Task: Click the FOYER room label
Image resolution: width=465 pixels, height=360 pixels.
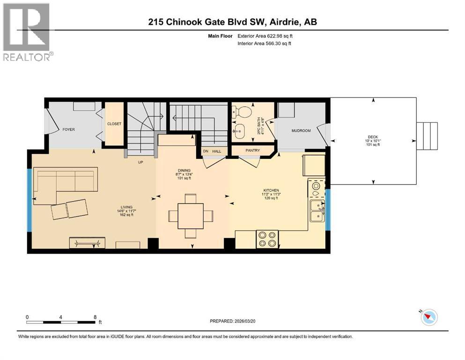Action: pyautogui.click(x=68, y=129)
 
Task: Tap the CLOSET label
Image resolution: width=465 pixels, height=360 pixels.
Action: pyautogui.click(x=114, y=124)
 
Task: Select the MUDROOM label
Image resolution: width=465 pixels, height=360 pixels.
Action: pyautogui.click(x=301, y=131)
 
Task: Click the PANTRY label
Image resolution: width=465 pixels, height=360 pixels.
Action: pyautogui.click(x=252, y=150)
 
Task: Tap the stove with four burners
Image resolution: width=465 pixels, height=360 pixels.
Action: pyautogui.click(x=267, y=239)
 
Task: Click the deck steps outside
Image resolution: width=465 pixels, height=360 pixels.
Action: pyautogui.click(x=427, y=136)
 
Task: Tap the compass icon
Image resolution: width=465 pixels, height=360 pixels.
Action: pyautogui.click(x=428, y=317)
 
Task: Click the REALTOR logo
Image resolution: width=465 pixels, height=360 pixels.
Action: pyautogui.click(x=27, y=32)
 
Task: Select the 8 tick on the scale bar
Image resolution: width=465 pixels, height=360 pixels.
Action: pyautogui.click(x=95, y=317)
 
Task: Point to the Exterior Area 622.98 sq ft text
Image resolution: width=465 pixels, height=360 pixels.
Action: pyautogui.click(x=267, y=36)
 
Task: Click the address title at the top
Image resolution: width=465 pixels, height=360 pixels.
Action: pyautogui.click(x=233, y=22)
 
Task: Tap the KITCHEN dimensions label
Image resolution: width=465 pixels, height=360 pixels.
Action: pyautogui.click(x=270, y=194)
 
